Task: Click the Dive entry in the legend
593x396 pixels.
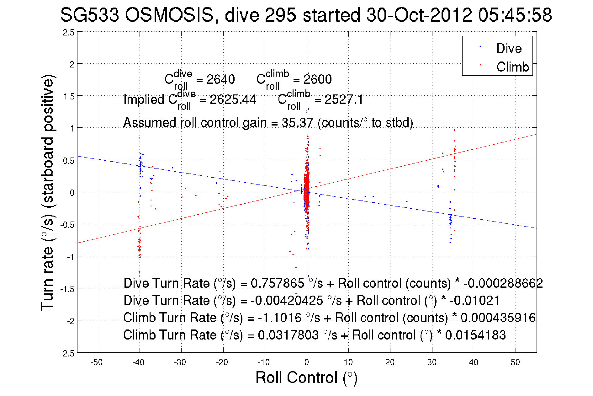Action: pyautogui.click(x=509, y=48)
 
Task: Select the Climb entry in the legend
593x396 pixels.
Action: pyautogui.click(x=512, y=67)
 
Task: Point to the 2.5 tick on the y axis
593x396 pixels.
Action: pyautogui.click(x=69, y=33)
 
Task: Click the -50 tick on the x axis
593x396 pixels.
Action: pyautogui.click(x=97, y=362)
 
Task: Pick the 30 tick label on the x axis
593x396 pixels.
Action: pyautogui.click(x=432, y=362)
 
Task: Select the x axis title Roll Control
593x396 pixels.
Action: pyautogui.click(x=306, y=377)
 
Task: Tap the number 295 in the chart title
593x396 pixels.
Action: pyautogui.click(x=280, y=15)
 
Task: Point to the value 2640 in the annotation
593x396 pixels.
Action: pyautogui.click(x=220, y=79)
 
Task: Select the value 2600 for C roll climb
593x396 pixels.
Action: pyautogui.click(x=317, y=79)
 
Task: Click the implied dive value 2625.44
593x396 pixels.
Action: pyautogui.click(x=233, y=99)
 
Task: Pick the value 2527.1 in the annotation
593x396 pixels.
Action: pyautogui.click(x=344, y=99)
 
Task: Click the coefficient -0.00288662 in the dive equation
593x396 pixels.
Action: pyautogui.click(x=503, y=283)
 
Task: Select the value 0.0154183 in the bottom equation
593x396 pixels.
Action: pyautogui.click(x=475, y=335)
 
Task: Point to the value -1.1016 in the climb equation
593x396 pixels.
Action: pyautogui.click(x=280, y=318)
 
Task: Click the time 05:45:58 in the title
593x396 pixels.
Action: pyautogui.click(x=515, y=15)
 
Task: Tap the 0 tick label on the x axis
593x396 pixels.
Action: pyautogui.click(x=307, y=362)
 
